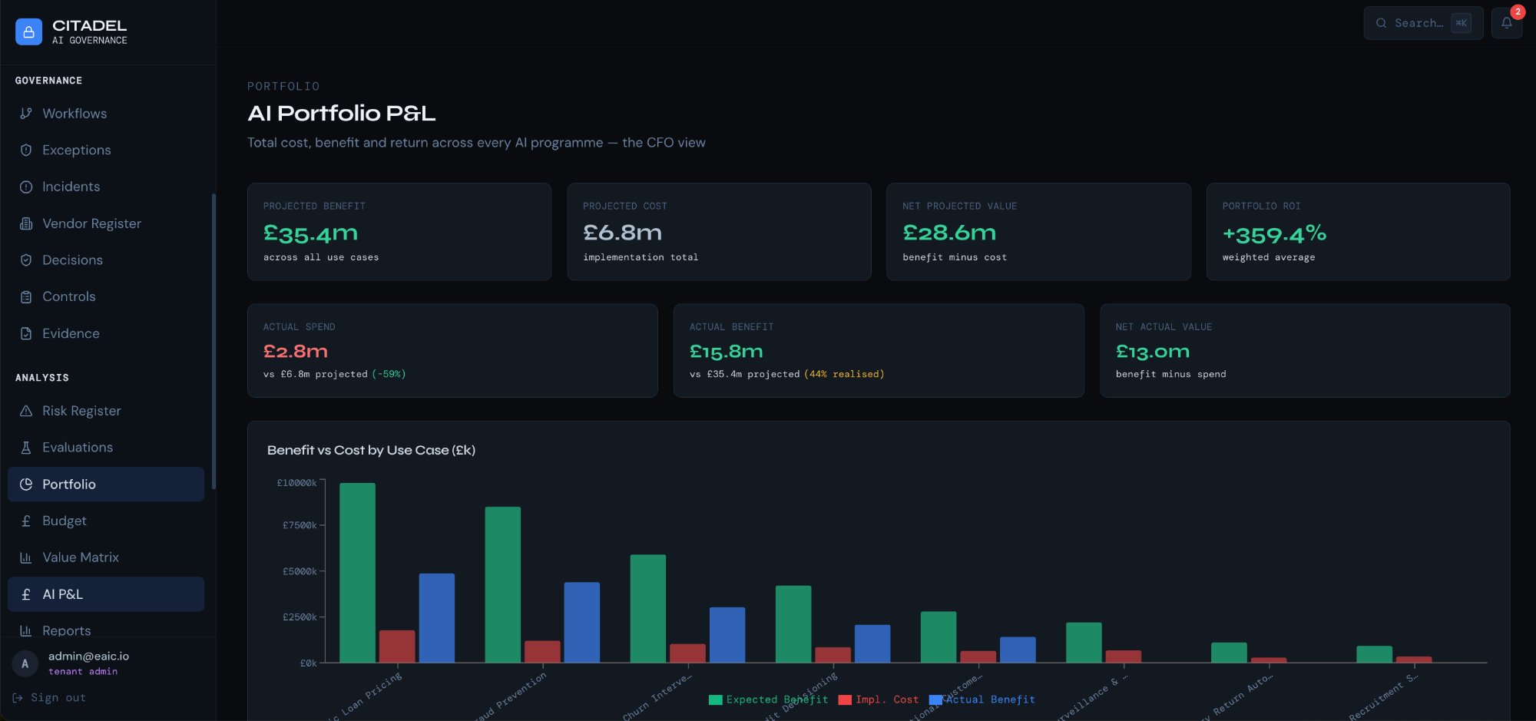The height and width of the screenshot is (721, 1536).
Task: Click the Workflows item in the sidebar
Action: point(74,114)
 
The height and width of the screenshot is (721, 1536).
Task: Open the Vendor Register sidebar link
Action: point(91,223)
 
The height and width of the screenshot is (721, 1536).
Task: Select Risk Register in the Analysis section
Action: point(81,411)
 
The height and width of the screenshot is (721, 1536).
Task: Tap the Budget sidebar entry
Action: point(64,521)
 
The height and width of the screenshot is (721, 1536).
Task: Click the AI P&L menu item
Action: point(62,594)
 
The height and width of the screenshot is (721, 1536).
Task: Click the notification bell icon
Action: point(1506,23)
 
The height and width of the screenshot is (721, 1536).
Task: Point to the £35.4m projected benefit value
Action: point(310,233)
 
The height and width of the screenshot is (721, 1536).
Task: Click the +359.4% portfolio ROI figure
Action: point(1274,233)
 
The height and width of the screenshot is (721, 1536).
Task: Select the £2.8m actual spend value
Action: point(296,352)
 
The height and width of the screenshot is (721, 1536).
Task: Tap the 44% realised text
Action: point(844,374)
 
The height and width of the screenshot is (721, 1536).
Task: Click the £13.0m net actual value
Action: point(1152,352)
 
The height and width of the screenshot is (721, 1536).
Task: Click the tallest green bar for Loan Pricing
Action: point(357,572)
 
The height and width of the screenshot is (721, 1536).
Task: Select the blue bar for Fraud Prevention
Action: point(581,622)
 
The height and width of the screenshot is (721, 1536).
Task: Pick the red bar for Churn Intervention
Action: point(687,653)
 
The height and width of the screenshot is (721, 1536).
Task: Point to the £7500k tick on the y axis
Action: point(299,525)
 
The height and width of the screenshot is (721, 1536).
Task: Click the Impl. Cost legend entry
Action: point(879,700)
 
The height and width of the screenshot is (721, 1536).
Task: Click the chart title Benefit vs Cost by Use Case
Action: point(371,450)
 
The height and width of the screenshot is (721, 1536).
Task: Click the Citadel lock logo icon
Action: point(28,31)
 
